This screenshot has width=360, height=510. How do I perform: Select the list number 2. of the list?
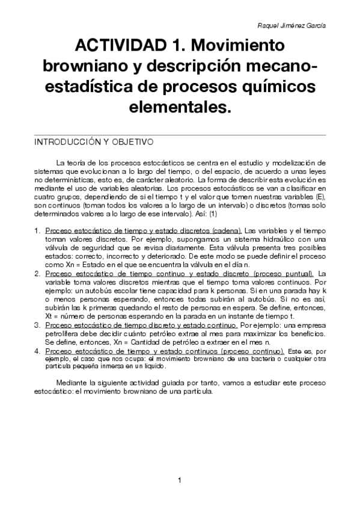(37, 273)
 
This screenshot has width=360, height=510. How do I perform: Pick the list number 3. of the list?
(37, 325)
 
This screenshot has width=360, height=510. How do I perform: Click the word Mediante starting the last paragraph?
(71, 382)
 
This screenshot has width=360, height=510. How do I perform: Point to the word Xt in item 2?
(50, 316)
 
